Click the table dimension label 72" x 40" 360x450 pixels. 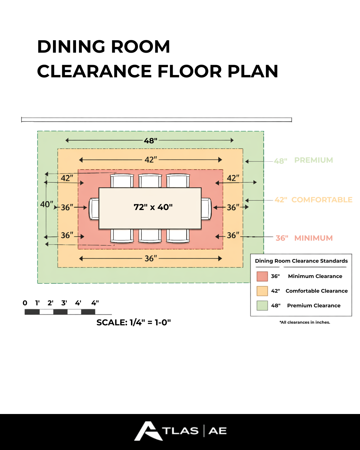pos(153,207)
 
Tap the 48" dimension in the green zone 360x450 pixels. pos(150,141)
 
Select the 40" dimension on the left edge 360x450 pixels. pos(46,204)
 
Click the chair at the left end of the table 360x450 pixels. pos(94,209)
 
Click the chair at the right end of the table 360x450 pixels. pos(206,209)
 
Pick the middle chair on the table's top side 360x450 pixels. pos(150,181)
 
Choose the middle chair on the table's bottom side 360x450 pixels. pos(150,236)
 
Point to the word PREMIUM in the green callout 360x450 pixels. pos(313,160)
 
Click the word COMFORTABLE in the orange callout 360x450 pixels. pos(322,200)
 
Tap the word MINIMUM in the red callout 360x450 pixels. pos(313,238)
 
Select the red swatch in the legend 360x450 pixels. pos(262,276)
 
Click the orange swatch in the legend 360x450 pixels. pos(262,291)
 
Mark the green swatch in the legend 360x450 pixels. pos(262,306)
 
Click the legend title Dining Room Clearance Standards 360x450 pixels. pos(301,261)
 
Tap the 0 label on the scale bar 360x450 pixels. pos(25,303)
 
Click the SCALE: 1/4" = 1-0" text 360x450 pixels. pos(133,323)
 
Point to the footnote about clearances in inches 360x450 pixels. pos(305,322)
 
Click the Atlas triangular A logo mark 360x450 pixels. pos(148,431)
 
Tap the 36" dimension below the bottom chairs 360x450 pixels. pos(150,259)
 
